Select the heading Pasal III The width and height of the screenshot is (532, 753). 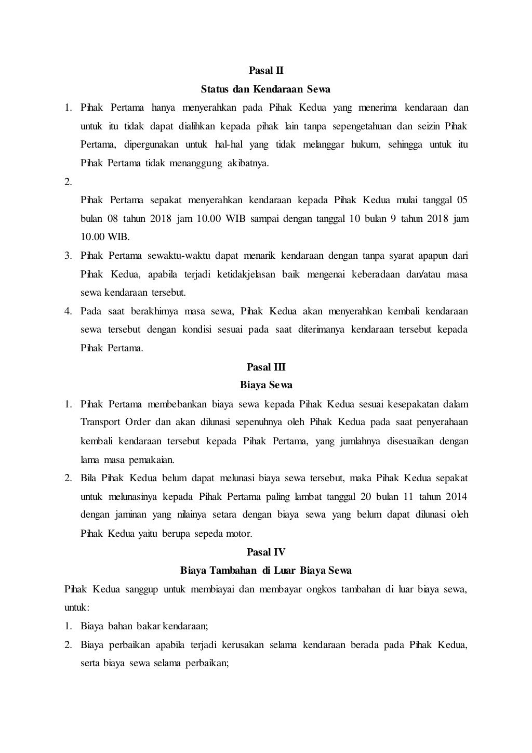(x=265, y=367)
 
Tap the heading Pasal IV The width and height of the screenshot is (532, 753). (x=265, y=552)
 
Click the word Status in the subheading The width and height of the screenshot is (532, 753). (x=215, y=89)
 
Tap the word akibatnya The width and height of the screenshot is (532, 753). (x=246, y=164)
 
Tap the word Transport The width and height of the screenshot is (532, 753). (x=100, y=422)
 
